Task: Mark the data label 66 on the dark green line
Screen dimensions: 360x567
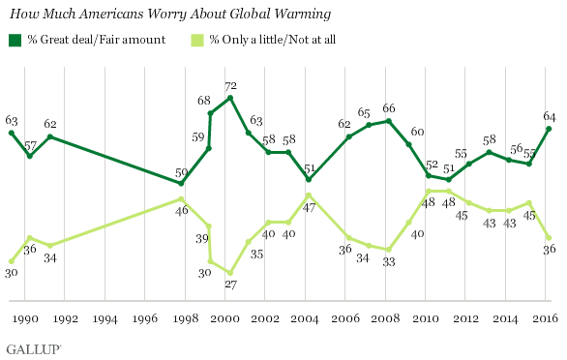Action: click(x=389, y=108)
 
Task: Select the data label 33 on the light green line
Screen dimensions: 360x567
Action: click(x=389, y=261)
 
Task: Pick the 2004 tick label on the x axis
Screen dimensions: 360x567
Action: click(x=306, y=317)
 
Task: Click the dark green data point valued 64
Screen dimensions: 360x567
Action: click(x=549, y=128)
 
